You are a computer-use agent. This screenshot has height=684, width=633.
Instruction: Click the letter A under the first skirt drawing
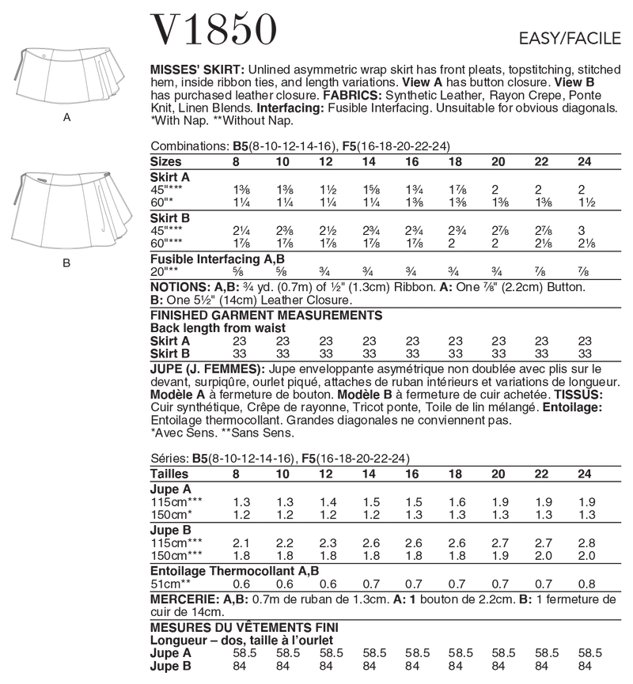click(67, 116)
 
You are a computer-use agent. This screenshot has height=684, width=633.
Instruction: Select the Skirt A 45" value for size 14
click(368, 191)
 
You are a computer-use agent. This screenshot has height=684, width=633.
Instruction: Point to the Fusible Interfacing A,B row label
click(207, 258)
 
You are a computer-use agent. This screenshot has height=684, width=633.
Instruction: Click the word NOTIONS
click(178, 287)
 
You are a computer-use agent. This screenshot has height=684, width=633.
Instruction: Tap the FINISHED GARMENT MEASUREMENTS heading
click(266, 315)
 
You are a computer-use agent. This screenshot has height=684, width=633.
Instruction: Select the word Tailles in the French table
click(169, 474)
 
